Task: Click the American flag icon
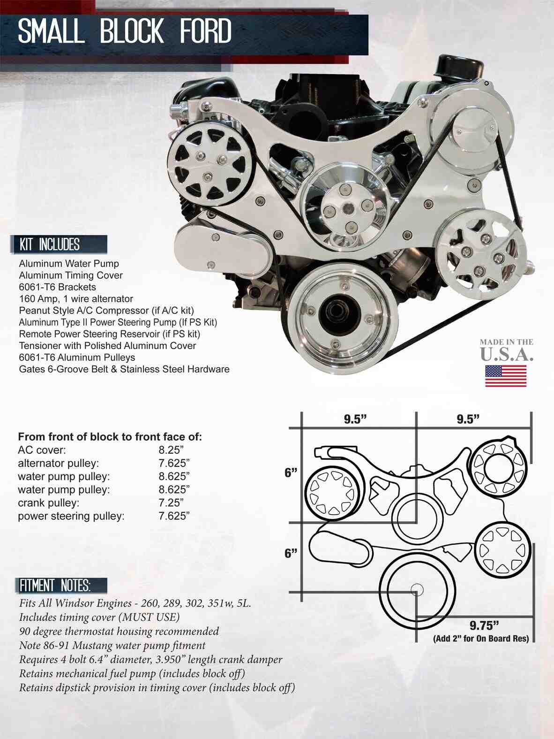pyautogui.click(x=505, y=376)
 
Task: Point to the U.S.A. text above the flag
pyautogui.click(x=506, y=355)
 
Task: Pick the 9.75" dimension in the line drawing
pyautogui.click(x=483, y=625)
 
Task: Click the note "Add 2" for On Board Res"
pyautogui.click(x=480, y=638)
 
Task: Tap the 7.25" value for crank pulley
pyautogui.click(x=171, y=503)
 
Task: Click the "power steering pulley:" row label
pyautogui.click(x=71, y=516)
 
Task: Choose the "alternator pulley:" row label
pyautogui.click(x=59, y=463)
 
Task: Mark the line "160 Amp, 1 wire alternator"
pyautogui.click(x=76, y=299)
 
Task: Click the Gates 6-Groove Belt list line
pyautogui.click(x=124, y=369)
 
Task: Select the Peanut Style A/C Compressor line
pyautogui.click(x=106, y=311)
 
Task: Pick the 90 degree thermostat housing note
pyautogui.click(x=119, y=631)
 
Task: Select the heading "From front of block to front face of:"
pyautogui.click(x=110, y=437)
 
